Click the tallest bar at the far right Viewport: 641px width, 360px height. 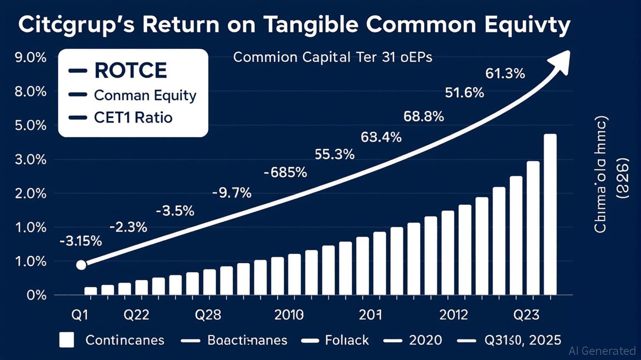tap(550, 214)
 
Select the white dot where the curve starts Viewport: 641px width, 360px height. tap(81, 265)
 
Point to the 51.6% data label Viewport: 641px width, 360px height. tap(464, 93)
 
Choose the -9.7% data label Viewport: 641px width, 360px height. tap(231, 192)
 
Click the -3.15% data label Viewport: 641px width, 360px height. tap(81, 242)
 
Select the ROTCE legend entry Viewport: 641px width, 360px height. tap(130, 71)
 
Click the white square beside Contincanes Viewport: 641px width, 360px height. tap(67, 339)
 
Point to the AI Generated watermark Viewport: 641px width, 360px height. tap(602, 351)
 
